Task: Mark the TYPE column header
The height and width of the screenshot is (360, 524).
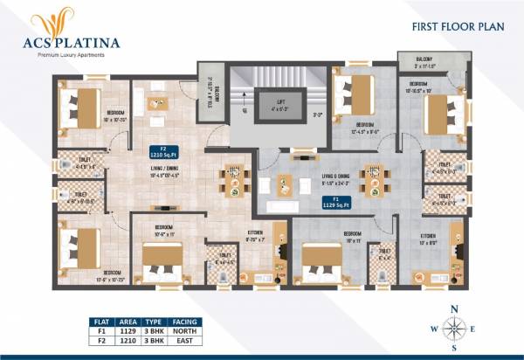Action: (154, 322)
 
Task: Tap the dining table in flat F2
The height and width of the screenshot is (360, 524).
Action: (233, 183)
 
